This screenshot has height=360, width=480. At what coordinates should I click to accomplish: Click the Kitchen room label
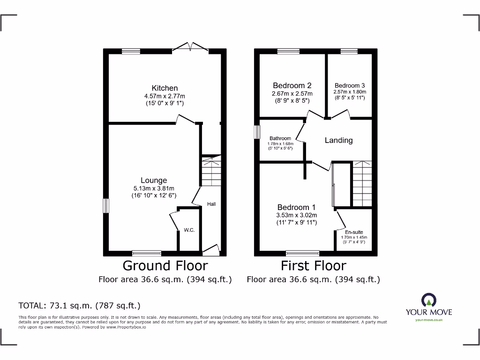(x=165, y=88)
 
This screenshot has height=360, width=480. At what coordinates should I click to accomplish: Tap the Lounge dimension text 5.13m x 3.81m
(x=154, y=188)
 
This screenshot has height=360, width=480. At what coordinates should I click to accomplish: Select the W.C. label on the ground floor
(x=189, y=230)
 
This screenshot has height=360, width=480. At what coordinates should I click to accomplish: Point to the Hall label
(x=211, y=204)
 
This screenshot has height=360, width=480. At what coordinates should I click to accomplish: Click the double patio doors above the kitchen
(x=190, y=47)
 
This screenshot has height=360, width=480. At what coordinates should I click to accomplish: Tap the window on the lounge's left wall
(x=106, y=205)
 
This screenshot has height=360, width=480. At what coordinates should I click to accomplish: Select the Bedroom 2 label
(x=292, y=85)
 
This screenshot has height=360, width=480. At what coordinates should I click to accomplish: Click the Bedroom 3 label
(x=350, y=85)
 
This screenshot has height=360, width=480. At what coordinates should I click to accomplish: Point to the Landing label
(x=338, y=140)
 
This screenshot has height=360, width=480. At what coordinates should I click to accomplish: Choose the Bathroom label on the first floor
(x=280, y=138)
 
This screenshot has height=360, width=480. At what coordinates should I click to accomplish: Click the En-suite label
(x=354, y=232)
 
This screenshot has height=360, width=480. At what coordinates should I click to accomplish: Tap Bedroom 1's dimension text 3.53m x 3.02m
(x=296, y=215)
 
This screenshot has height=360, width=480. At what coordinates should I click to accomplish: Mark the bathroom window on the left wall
(x=257, y=132)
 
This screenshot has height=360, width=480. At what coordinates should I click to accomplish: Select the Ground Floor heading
(x=165, y=266)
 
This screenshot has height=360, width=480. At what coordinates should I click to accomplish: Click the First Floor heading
(x=313, y=266)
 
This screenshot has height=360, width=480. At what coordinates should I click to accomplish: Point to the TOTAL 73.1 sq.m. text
(x=79, y=306)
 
